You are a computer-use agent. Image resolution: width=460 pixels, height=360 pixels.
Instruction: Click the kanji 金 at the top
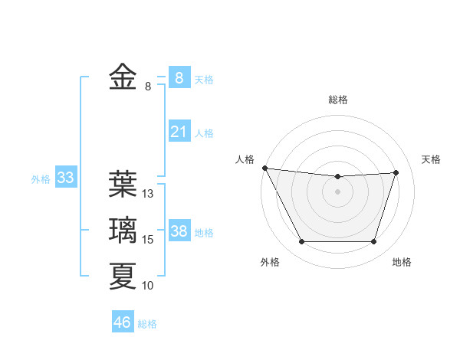click(x=123, y=77)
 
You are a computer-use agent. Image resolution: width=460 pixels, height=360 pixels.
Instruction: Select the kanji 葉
click(x=123, y=184)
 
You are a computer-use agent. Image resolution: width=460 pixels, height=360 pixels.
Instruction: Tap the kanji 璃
click(x=123, y=231)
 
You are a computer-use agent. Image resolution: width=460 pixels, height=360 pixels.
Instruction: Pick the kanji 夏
click(x=123, y=276)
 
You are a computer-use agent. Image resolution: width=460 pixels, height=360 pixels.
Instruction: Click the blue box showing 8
click(x=179, y=77)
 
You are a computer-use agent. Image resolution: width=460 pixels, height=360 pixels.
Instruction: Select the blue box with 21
click(x=179, y=132)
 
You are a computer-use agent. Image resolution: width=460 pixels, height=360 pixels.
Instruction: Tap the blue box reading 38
click(x=179, y=231)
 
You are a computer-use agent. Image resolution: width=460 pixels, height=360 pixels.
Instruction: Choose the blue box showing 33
click(x=66, y=178)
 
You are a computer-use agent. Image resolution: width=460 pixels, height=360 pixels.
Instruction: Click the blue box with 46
click(x=123, y=322)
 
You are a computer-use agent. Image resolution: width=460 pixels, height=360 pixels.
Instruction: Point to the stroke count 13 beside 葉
click(x=148, y=194)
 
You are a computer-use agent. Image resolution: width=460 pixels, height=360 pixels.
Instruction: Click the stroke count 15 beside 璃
click(x=148, y=240)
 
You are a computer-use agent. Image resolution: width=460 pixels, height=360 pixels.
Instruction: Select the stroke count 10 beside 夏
click(x=148, y=286)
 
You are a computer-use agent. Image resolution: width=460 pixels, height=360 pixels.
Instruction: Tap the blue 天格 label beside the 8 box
click(x=204, y=80)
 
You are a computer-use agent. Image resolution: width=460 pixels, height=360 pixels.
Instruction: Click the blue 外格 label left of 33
click(x=41, y=179)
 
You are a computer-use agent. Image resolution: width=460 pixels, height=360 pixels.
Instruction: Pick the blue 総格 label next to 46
click(x=147, y=324)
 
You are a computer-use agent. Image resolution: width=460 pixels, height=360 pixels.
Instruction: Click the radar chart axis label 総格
click(x=338, y=100)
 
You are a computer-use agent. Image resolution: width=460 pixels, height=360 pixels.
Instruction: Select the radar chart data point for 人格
click(x=264, y=168)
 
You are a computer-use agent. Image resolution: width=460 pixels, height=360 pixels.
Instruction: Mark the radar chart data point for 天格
click(x=396, y=172)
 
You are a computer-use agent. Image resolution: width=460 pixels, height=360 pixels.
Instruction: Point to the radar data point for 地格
click(x=374, y=242)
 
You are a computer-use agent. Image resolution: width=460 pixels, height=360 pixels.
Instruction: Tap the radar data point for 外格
click(x=301, y=242)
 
